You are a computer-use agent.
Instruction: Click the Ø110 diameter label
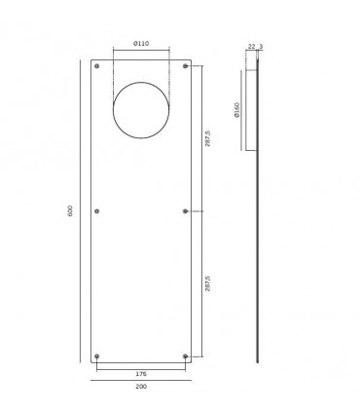click(141, 44)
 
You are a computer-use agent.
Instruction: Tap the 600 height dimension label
click(70, 211)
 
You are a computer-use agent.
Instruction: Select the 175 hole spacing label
click(141, 374)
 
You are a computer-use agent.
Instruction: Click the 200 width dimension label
click(141, 387)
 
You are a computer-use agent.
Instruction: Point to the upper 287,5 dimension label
click(207, 138)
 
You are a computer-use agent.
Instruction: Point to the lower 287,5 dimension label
click(207, 283)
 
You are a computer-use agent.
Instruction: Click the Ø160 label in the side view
click(236, 110)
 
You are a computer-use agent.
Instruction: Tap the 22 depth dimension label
click(251, 47)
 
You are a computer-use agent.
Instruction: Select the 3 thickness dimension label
click(261, 47)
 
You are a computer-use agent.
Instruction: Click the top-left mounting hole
click(96, 66)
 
